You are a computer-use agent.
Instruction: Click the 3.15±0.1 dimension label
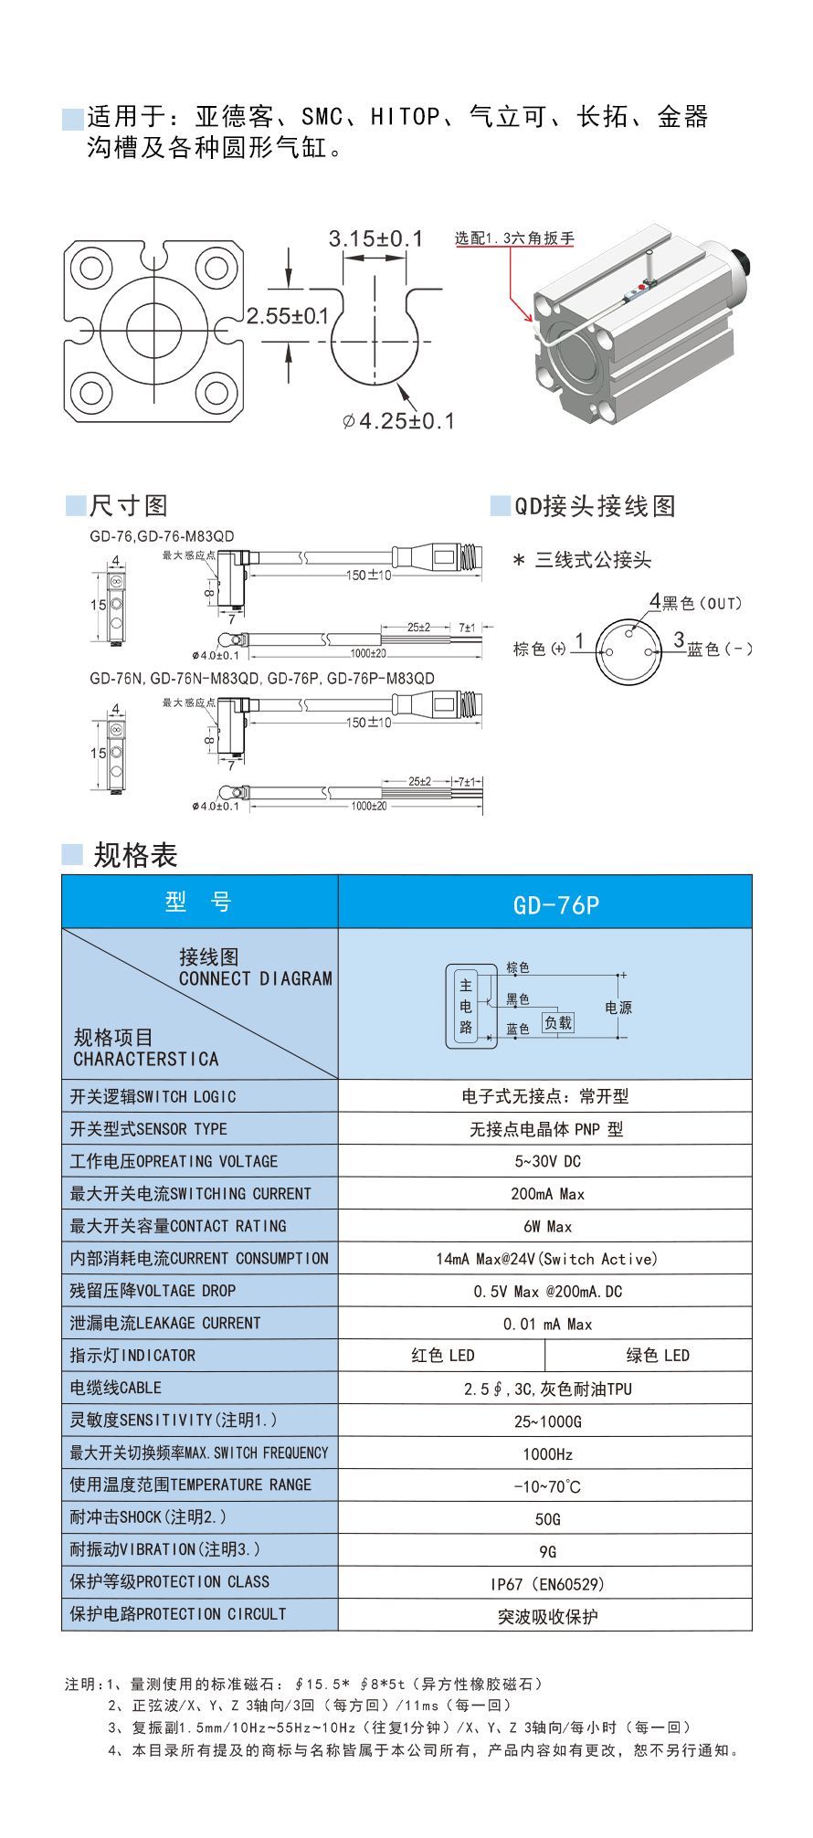tap(375, 239)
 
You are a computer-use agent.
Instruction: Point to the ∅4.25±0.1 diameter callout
tap(397, 421)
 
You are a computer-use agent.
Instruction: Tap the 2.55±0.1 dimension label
tap(287, 316)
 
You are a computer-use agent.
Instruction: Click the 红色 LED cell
tap(442, 1355)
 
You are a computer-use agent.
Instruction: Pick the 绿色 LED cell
tap(657, 1355)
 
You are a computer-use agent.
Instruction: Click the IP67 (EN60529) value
tap(547, 1584)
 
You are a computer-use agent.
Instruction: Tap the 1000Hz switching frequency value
tap(547, 1453)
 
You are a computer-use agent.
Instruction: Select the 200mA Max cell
tap(547, 1194)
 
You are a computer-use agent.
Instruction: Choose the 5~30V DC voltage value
tap(547, 1161)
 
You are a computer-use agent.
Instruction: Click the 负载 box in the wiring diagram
tap(557, 1023)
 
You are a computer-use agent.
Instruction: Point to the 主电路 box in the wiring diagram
tap(466, 1006)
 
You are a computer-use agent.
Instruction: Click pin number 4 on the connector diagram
tap(654, 600)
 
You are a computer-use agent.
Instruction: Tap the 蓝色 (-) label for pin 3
tap(720, 649)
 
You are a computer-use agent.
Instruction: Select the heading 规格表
tap(135, 855)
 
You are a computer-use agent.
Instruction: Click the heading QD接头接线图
tap(595, 506)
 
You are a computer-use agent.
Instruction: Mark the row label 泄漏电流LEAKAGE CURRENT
tap(165, 1323)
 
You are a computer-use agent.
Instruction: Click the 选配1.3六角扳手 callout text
tap(514, 239)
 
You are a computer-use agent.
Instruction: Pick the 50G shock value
tap(547, 1519)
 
